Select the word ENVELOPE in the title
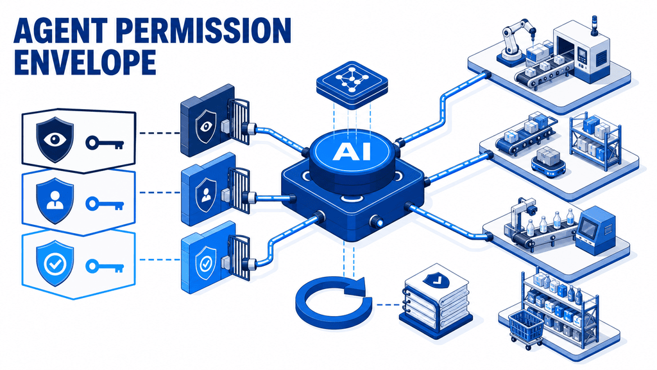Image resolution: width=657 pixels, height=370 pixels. click(85, 62)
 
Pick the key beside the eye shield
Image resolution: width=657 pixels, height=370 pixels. click(105, 143)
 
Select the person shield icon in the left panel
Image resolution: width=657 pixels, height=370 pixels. click(55, 200)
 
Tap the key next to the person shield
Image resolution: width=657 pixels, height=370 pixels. click(105, 204)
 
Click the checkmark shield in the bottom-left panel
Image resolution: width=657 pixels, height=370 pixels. click(55, 263)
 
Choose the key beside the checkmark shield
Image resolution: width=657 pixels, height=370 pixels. click(105, 266)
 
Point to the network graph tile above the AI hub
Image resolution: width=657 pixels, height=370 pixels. click(352, 84)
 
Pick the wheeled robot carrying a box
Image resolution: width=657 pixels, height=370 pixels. click(548, 161)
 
